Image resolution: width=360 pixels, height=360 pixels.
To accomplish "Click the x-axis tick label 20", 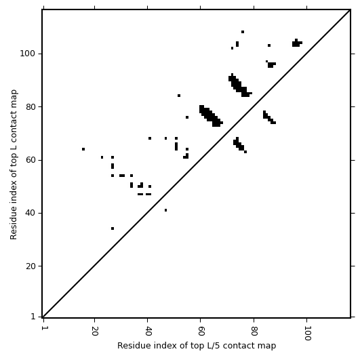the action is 94,331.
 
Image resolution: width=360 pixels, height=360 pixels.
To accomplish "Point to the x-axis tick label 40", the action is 147,331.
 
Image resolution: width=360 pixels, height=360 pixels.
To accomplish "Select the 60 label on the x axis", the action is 201,331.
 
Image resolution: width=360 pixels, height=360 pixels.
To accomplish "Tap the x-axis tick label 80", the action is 254,331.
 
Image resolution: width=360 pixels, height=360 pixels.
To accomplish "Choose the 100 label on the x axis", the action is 306,333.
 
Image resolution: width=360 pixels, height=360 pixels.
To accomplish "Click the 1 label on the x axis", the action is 43,328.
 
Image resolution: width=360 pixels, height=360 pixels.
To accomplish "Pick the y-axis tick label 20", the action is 31,266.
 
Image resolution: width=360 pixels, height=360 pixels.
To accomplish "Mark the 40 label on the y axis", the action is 31,214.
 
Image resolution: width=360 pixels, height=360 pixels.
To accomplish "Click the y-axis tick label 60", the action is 31,160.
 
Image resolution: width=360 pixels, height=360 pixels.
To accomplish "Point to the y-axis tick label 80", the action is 31,107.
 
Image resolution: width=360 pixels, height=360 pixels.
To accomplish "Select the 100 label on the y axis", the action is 28,54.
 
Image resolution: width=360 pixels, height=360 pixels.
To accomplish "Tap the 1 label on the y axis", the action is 33,317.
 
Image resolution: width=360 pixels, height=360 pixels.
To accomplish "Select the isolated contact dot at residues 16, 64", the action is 83,149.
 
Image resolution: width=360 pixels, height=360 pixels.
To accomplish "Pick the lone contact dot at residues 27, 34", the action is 113,228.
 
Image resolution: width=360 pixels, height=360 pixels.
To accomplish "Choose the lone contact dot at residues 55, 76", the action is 187,117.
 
